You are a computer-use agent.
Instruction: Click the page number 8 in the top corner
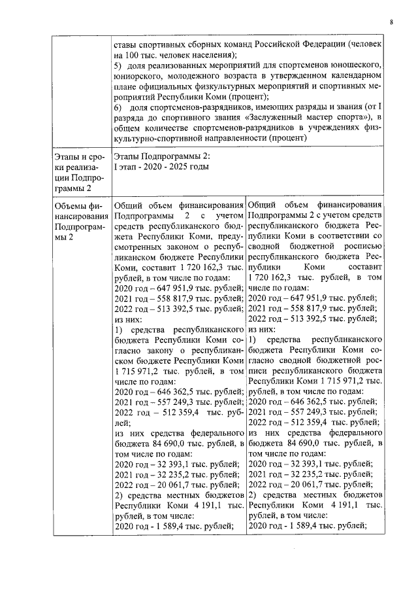point(391,22)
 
